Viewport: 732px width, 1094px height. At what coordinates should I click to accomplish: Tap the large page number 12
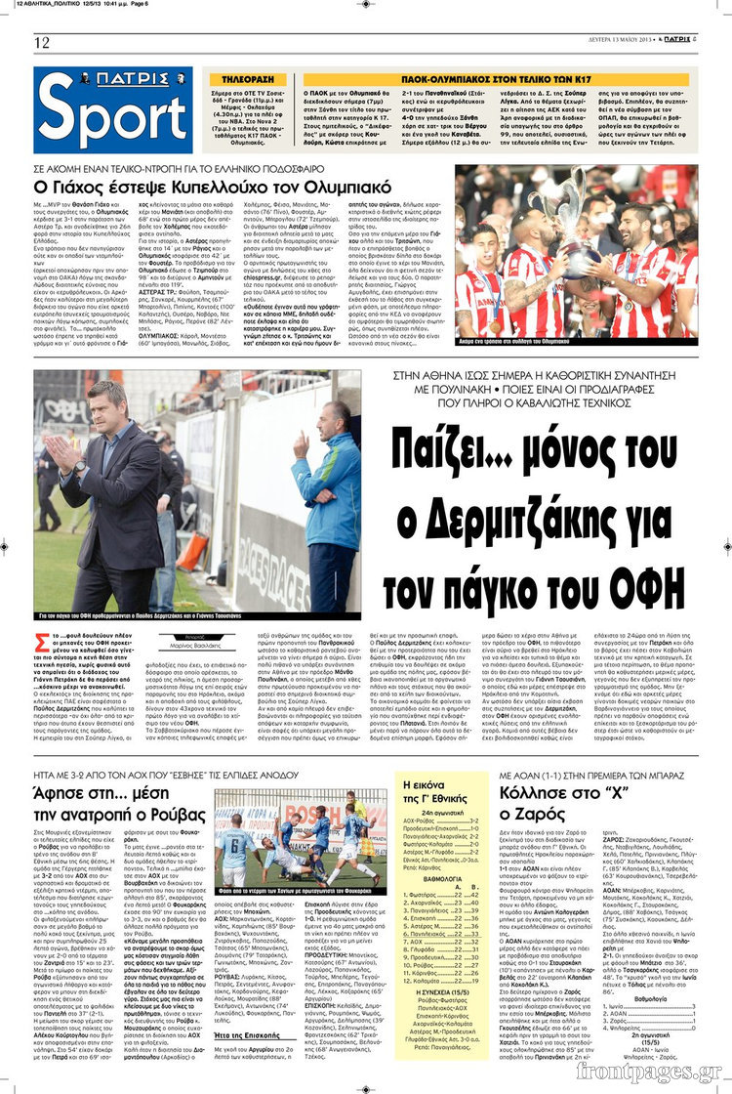[x=42, y=42]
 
